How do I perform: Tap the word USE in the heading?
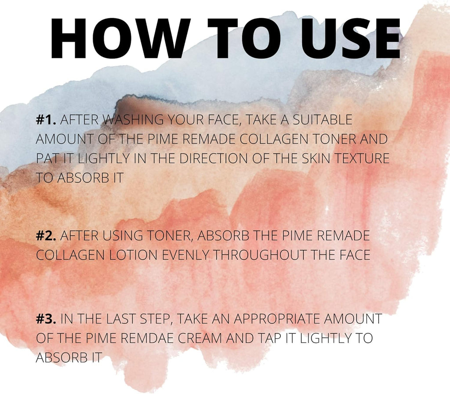(x=350, y=38)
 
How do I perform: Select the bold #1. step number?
(x=46, y=120)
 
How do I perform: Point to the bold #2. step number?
(x=46, y=236)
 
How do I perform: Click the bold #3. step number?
(x=46, y=319)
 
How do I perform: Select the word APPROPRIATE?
(x=276, y=319)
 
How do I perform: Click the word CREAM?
(x=200, y=338)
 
